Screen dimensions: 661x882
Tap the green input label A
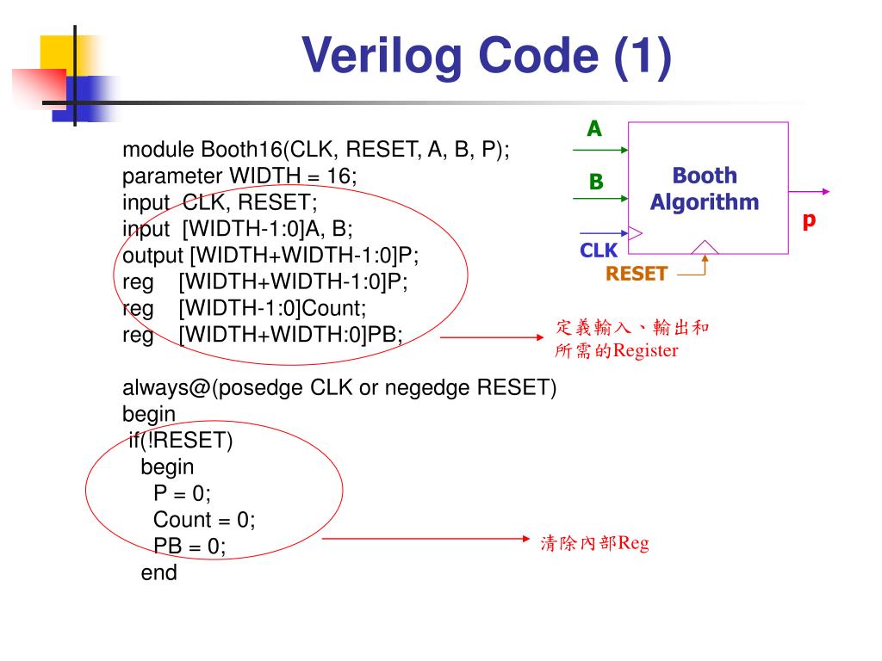594,129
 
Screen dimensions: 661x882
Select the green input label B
596,182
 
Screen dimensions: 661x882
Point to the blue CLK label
599,250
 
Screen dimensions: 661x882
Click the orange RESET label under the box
637,274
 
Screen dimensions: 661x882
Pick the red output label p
809,220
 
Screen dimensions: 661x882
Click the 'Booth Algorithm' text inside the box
705,189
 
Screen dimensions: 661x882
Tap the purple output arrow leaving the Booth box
810,192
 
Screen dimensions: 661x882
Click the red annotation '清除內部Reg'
594,543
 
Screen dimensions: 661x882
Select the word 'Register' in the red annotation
645,351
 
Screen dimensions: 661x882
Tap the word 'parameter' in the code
171,176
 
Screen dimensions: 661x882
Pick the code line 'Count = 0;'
204,520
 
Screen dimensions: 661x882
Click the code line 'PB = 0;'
189,547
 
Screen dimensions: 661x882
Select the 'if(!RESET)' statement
181,441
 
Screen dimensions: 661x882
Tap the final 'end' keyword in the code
159,573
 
